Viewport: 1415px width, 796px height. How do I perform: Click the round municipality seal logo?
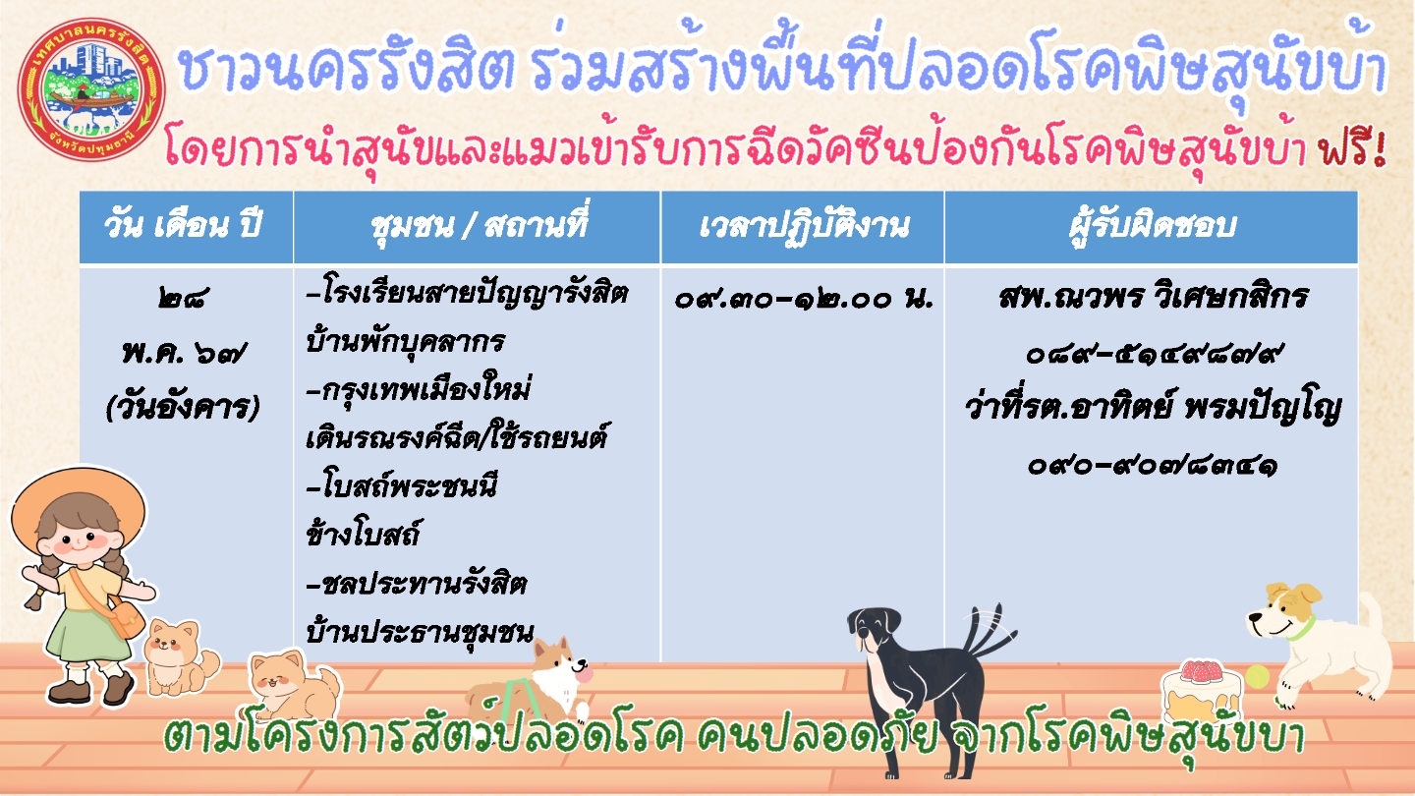point(91,88)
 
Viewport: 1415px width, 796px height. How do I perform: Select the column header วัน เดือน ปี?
point(183,226)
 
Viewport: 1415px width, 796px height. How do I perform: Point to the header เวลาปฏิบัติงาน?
point(804,227)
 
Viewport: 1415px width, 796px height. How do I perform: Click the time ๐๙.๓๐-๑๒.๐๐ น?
point(804,299)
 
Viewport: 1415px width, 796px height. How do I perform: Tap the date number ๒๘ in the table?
point(183,297)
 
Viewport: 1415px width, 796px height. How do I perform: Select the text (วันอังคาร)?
point(183,408)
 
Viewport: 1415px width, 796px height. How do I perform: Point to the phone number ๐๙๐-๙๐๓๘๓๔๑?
point(1153,466)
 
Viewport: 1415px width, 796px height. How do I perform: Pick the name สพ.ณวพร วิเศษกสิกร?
point(1154,297)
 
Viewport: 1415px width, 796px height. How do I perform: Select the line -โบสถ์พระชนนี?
point(402,487)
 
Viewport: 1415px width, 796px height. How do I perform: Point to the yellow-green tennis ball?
point(1257,676)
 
